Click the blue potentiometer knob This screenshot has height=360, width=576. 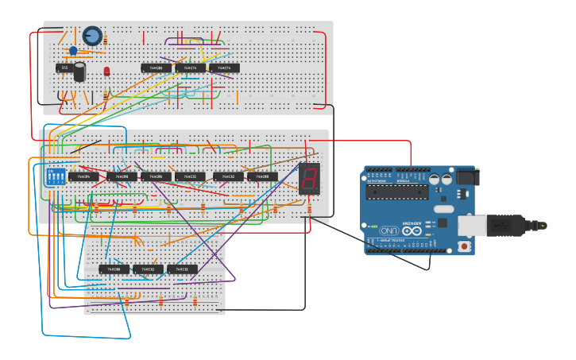[x=92, y=36]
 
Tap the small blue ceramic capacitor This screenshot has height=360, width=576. [x=73, y=51]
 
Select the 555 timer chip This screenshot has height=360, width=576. [x=64, y=68]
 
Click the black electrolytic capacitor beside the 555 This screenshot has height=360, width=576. [x=79, y=72]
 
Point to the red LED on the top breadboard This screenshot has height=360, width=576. [x=106, y=72]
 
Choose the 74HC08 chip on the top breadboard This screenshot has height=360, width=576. [x=157, y=68]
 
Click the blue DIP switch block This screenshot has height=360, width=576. [x=56, y=176]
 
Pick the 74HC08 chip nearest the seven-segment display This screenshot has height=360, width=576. [x=262, y=176]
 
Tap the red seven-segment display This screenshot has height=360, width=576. [x=309, y=178]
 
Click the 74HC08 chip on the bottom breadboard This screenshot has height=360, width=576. [x=114, y=269]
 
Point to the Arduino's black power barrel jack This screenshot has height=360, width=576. [x=466, y=177]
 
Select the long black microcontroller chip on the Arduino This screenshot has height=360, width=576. [x=396, y=192]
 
